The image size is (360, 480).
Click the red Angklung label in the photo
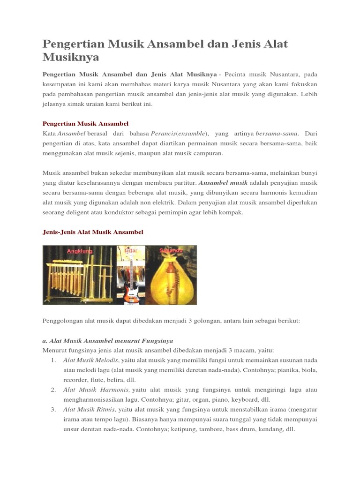coord(80,251)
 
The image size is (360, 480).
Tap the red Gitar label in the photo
coord(132,251)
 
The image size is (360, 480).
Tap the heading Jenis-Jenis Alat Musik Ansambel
coord(93,232)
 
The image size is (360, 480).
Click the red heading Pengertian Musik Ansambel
coord(85,123)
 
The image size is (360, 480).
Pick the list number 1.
coord(53,360)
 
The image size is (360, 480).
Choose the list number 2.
coord(53,390)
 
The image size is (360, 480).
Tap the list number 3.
coord(53,409)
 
